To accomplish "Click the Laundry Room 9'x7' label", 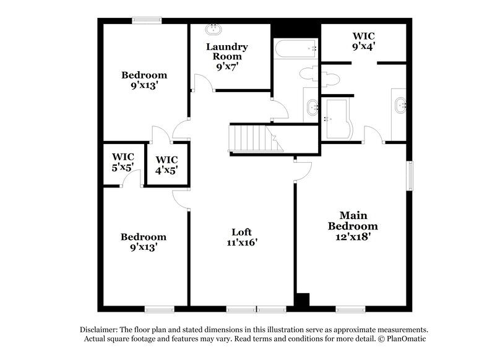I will [x=227, y=57].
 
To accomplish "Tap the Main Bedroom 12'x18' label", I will [x=353, y=226].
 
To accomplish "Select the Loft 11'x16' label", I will [x=241, y=237].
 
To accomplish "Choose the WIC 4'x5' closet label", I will [x=166, y=165].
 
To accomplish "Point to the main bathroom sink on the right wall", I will [x=399, y=105].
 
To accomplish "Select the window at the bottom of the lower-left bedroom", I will [x=157, y=308].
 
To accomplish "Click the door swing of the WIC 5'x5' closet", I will [x=132, y=179].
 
